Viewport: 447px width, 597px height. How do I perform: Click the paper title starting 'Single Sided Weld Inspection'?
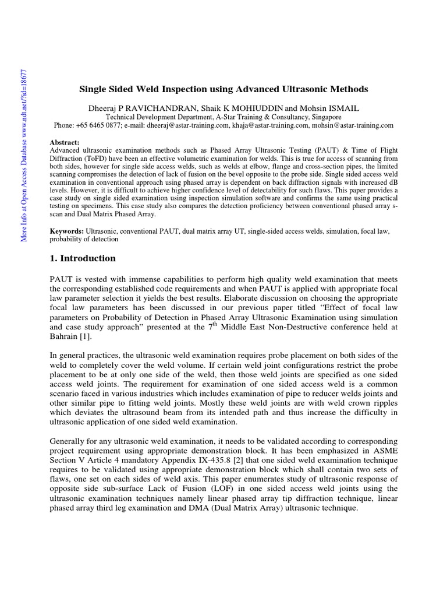pyautogui.click(x=223, y=89)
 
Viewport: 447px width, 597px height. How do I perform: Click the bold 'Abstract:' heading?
pyautogui.click(x=65, y=142)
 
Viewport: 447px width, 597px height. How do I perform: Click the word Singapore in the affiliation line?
pyautogui.click(x=325, y=117)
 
